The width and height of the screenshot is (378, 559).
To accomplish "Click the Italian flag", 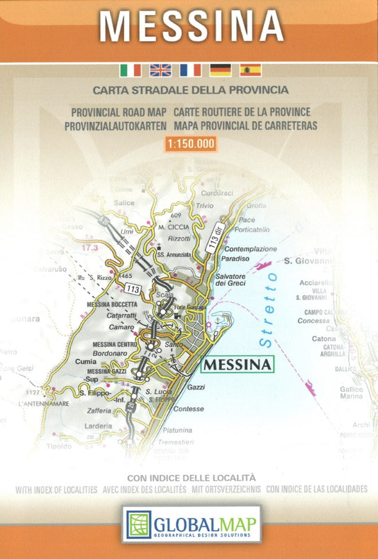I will pos(130,70).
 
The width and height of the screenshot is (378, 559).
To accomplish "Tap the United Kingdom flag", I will pos(160,70).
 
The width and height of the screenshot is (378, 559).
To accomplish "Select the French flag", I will pos(190,70).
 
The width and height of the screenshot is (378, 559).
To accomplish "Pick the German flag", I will pos(220,70).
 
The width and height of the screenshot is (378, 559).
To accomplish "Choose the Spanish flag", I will pos(250,70).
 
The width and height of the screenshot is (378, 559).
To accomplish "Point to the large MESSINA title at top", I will pos(191,26).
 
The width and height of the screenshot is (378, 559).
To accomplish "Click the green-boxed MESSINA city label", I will pos(238,365).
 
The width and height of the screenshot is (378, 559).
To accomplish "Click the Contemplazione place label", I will pos(250,250).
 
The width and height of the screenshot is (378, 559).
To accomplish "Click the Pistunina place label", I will pos(177,430).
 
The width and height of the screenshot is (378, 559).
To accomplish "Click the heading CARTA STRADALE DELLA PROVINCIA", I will pos(190,90).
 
